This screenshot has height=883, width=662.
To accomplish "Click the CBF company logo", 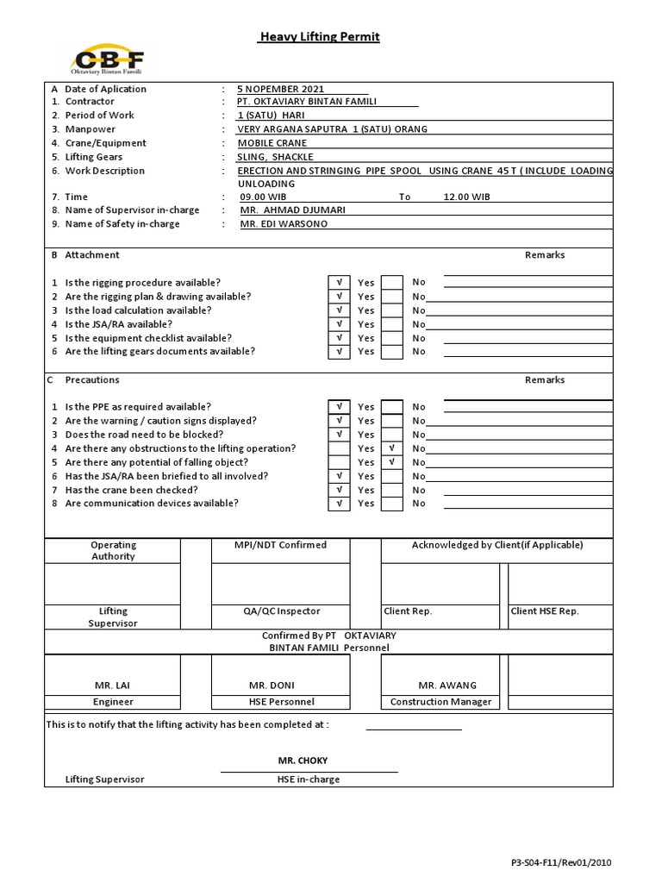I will (108, 60).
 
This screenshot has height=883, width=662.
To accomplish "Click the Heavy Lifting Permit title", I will (320, 37).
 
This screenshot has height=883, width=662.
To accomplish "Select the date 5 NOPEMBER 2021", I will (281, 89).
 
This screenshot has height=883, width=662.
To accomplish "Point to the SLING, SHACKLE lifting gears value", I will (276, 157).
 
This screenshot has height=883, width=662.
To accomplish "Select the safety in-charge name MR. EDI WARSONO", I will (284, 224).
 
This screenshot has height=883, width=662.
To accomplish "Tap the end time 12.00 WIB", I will (466, 197).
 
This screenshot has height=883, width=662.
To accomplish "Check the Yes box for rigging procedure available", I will (339, 283).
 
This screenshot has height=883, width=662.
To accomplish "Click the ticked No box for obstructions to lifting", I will (392, 448).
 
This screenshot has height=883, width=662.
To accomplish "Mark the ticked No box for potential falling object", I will (392, 462).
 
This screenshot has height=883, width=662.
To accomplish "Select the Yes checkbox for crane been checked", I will (339, 490).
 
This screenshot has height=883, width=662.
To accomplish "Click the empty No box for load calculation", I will (392, 310).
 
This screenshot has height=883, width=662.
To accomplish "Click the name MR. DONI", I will (272, 686).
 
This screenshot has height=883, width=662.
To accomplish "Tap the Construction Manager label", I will (440, 702).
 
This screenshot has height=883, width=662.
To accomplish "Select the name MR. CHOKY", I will (303, 761).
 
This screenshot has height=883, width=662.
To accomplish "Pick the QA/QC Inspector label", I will (281, 611).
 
